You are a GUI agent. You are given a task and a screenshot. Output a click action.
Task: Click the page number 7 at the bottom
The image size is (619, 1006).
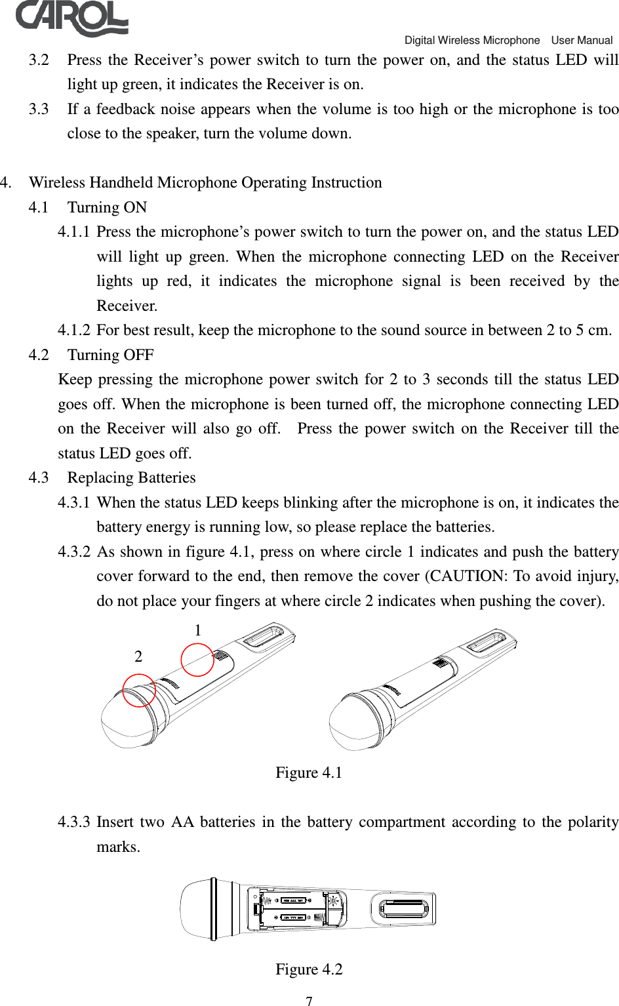pyautogui.click(x=309, y=1001)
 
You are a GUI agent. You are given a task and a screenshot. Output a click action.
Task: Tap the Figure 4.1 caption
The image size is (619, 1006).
pyautogui.click(x=309, y=773)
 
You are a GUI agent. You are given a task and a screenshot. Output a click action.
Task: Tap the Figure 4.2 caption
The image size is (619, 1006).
pyautogui.click(x=309, y=969)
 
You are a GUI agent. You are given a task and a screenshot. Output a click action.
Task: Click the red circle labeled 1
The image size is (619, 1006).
pyautogui.click(x=197, y=660)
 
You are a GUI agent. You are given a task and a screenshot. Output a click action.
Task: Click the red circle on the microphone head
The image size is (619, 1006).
pyautogui.click(x=139, y=691)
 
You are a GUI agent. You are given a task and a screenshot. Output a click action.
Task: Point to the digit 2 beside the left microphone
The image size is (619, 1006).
pyautogui.click(x=138, y=656)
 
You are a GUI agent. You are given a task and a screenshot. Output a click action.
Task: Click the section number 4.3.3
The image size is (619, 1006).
pyautogui.click(x=73, y=822)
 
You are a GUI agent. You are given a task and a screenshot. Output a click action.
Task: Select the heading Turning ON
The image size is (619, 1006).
pyautogui.click(x=107, y=208)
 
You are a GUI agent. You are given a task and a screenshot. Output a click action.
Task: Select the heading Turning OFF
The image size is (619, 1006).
pyautogui.click(x=110, y=355)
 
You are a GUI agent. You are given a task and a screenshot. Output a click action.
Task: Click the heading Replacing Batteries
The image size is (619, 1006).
pyautogui.click(x=131, y=478)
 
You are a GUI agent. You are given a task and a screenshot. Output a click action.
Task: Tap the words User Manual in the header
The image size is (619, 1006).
pyautogui.click(x=582, y=41)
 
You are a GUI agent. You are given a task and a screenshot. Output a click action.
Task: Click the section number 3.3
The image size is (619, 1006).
pyautogui.click(x=39, y=110)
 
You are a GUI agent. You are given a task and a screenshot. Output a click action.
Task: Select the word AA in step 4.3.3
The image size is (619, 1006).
pyautogui.click(x=182, y=822)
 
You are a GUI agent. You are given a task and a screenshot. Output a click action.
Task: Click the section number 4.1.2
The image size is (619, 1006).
pyautogui.click(x=73, y=331)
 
